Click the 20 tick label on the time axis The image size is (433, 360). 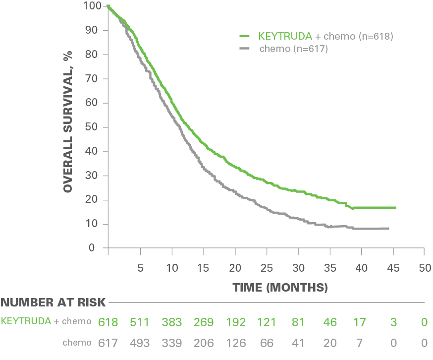click(235, 268)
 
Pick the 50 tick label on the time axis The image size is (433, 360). click(424, 268)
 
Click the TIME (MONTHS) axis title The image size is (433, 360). click(280, 287)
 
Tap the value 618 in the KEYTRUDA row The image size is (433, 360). click(108, 322)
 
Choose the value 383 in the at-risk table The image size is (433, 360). click(171, 322)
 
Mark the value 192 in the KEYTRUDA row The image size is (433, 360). click(235, 322)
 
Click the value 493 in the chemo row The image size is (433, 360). click(140, 343)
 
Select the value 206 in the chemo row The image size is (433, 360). click(203, 343)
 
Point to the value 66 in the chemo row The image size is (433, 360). click(267, 343)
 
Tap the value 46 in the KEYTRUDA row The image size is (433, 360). click(330, 322)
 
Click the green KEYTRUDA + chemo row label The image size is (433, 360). click(46, 321)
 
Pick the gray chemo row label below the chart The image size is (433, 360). click(77, 343)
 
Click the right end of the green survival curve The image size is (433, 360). click(395, 207)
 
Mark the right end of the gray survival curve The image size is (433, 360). click(388, 228)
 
